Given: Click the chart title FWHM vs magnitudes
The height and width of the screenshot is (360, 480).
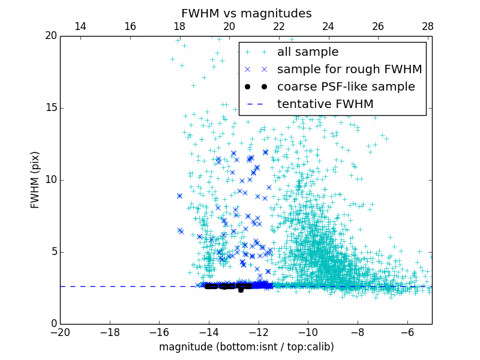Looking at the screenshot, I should tap(246, 13).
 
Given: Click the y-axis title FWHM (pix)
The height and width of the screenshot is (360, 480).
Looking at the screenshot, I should tap(35, 180).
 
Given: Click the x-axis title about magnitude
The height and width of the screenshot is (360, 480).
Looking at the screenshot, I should tap(246, 347).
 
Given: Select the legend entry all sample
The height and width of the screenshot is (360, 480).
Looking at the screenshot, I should tap(307, 52).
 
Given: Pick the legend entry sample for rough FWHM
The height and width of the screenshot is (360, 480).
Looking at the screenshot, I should tap(349, 70).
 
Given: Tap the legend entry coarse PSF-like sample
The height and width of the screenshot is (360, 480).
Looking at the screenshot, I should tap(346, 87).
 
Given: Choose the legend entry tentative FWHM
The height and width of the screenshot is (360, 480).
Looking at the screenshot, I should tap(325, 104).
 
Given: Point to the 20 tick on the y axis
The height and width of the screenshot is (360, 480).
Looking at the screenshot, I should tap(50, 36).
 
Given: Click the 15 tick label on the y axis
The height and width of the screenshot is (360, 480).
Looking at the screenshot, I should tap(50, 108).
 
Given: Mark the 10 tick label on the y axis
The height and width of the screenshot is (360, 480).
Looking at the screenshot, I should tap(50, 180).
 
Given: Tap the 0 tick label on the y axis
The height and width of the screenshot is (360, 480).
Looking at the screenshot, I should tap(53, 324).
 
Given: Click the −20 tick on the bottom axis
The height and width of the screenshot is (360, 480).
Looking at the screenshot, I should tap(60, 332).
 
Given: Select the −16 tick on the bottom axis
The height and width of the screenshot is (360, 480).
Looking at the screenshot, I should tap(159, 332).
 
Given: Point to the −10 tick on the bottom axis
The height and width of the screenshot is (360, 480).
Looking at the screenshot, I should tap(308, 332).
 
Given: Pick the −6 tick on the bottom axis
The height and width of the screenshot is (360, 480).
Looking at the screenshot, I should tap(407, 332).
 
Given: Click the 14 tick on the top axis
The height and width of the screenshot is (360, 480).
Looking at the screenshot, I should tap(80, 26).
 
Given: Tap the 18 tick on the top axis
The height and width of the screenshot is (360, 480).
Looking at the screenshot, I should tap(179, 26).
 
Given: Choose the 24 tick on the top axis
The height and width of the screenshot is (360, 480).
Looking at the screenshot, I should tap(328, 26).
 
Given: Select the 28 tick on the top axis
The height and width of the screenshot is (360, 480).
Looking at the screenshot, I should tap(427, 26).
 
